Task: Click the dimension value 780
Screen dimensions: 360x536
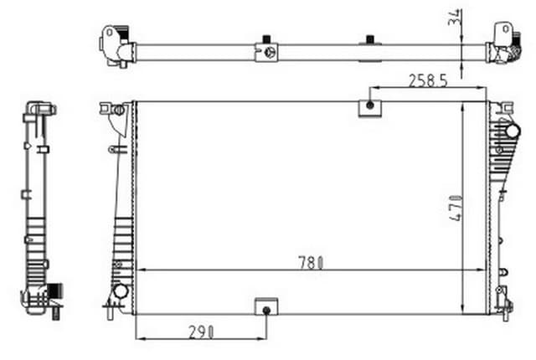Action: coord(310,261)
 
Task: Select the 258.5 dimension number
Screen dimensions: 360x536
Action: coord(426,80)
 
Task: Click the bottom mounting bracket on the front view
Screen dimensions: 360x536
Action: coord(266,306)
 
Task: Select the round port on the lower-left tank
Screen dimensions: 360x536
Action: coord(119,292)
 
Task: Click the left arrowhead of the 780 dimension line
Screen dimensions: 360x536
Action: coord(139,270)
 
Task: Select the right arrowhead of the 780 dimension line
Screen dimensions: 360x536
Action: coord(483,270)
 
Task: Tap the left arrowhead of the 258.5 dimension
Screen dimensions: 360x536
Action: coord(373,87)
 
